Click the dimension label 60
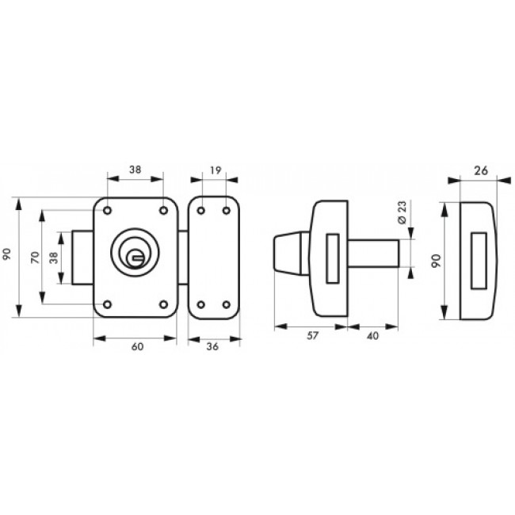(138, 347)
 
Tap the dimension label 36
(212, 346)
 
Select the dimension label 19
(216, 170)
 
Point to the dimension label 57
(312, 336)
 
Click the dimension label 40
(372, 336)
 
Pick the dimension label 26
(481, 171)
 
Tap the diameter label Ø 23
(402, 212)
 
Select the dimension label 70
(35, 257)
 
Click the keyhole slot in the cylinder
(137, 257)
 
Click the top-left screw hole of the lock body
(107, 211)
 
